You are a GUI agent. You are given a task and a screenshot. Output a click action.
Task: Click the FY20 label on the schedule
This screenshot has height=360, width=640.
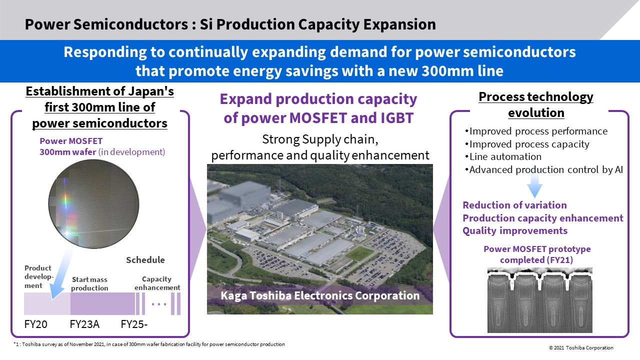[35, 324]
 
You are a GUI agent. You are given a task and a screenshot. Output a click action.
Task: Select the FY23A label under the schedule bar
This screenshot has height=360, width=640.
[84, 324]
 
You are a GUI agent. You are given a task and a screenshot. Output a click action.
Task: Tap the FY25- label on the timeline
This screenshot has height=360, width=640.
[134, 324]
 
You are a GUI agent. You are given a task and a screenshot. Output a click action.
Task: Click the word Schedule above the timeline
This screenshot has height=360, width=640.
[145, 260]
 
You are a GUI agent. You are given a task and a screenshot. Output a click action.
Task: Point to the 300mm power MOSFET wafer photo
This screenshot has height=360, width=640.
[93, 203]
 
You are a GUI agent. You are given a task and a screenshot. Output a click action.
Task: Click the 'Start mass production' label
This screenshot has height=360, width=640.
[89, 283]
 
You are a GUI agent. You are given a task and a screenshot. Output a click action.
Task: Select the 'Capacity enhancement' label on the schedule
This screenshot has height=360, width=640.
[157, 283]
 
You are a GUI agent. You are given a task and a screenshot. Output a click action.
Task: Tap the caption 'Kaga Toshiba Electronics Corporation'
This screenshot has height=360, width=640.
[320, 295]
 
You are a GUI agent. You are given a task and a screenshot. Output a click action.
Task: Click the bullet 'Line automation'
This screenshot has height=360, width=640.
[503, 157]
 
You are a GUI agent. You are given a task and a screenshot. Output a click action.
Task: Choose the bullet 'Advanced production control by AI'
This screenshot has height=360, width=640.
[544, 169]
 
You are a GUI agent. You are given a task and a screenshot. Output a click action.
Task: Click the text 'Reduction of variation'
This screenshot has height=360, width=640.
[514, 205]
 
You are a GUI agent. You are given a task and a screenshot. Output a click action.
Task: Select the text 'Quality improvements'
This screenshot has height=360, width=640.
[515, 231]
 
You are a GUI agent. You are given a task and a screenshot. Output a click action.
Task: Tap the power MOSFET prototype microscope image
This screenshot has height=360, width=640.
[539, 300]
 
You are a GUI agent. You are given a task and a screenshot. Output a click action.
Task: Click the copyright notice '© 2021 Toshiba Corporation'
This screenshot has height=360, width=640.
[581, 347]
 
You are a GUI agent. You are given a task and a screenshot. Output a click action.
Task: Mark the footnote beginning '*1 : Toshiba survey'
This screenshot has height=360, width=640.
[149, 344]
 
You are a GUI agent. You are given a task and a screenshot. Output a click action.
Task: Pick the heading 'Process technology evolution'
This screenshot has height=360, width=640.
[536, 104]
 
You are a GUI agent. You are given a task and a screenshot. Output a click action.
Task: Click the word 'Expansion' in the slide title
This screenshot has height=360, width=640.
[399, 24]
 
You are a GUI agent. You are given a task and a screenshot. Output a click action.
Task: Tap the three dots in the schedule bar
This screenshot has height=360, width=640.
[159, 304]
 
